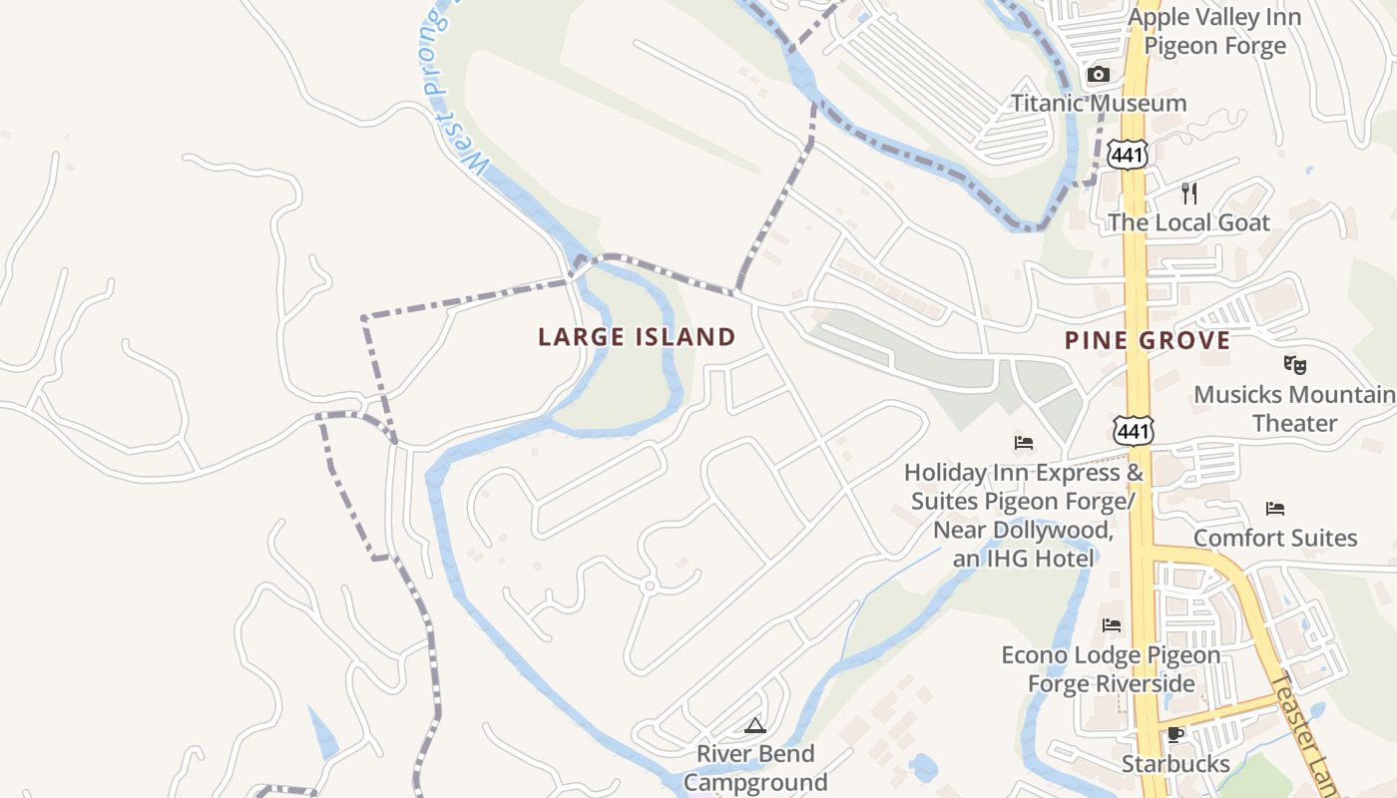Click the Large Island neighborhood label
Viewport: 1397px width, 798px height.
[637, 337]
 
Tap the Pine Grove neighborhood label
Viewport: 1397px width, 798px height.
[1147, 341]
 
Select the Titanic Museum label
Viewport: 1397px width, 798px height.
[1099, 103]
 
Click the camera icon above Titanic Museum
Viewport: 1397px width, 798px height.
[1098, 75]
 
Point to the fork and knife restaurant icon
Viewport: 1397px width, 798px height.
[1188, 193]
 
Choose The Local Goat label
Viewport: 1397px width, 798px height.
[1188, 222]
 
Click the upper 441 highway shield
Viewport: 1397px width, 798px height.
[1127, 154]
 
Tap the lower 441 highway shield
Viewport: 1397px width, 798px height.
[1133, 430]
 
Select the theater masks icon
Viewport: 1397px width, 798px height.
[1294, 365]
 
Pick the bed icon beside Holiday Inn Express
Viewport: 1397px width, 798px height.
[1024, 442]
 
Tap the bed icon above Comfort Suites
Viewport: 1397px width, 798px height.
[1274, 509]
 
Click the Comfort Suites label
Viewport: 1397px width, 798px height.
[1274, 539]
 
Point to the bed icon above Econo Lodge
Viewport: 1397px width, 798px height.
[1112, 625]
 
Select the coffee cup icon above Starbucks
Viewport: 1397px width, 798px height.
[1175, 735]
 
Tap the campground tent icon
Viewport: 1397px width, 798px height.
[754, 725]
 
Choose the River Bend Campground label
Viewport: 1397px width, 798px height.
[755, 768]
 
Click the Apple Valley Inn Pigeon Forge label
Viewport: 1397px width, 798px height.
[1214, 32]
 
